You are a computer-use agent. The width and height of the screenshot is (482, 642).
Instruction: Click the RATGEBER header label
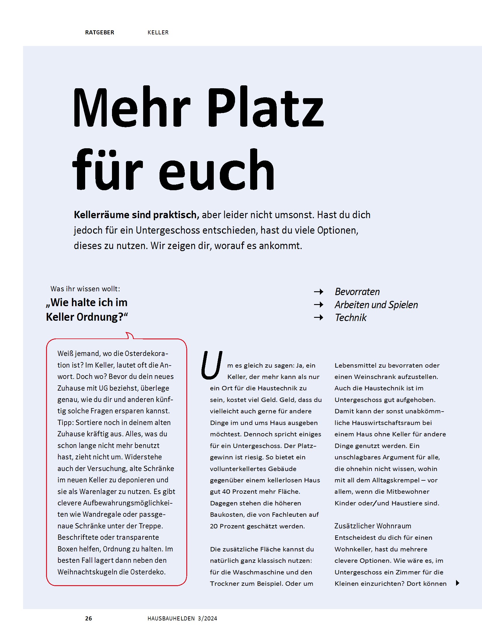pyautogui.click(x=99, y=32)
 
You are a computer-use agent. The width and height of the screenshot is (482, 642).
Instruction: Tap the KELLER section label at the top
pyautogui.click(x=158, y=32)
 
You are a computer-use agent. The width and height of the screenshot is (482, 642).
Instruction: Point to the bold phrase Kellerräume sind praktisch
pyautogui.click(x=136, y=215)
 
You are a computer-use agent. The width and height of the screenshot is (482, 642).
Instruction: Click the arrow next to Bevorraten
pyautogui.click(x=318, y=292)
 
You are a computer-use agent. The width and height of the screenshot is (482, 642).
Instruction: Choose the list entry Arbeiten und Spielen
pyautogui.click(x=376, y=305)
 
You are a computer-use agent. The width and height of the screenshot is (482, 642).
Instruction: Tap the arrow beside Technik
pyautogui.click(x=318, y=318)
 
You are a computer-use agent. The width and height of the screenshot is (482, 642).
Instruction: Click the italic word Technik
pyautogui.click(x=350, y=318)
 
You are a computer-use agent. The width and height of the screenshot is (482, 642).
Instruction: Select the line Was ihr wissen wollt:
pyautogui.click(x=85, y=289)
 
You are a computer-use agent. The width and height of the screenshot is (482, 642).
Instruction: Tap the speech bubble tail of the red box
pyautogui.click(x=129, y=336)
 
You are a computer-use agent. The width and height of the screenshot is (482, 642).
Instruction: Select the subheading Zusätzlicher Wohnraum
pyautogui.click(x=373, y=526)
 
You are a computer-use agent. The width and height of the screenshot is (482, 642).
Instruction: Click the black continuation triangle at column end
pyautogui.click(x=458, y=583)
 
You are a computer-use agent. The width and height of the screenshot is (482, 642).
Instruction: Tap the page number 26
pyautogui.click(x=88, y=618)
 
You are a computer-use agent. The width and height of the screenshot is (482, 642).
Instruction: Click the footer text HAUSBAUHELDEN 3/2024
pyautogui.click(x=182, y=618)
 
